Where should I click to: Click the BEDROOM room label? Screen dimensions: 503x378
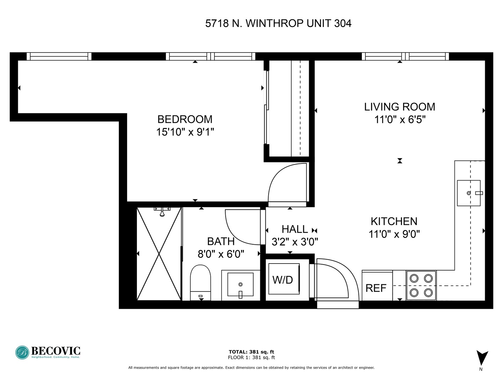pyautogui.click(x=185, y=119)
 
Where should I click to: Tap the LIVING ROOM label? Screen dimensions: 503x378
pyautogui.click(x=400, y=107)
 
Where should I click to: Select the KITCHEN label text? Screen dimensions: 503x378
pyautogui.click(x=394, y=222)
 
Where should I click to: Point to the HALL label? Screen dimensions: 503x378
pyautogui.click(x=295, y=229)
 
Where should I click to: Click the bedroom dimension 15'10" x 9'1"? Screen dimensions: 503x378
pyautogui.click(x=185, y=132)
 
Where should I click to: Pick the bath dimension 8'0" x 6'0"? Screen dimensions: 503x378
pyautogui.click(x=221, y=254)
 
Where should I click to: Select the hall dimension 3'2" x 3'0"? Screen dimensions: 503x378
pyautogui.click(x=295, y=241)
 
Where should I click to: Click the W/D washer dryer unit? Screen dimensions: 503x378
pyautogui.click(x=284, y=279)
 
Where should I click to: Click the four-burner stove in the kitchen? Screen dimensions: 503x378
pyautogui.click(x=421, y=286)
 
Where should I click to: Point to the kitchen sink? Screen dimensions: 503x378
pyautogui.click(x=469, y=193)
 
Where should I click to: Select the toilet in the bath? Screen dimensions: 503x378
pyautogui.click(x=200, y=282)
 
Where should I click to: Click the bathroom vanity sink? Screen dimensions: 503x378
pyautogui.click(x=240, y=285)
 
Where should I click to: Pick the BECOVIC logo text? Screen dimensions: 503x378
pyautogui.click(x=56, y=351)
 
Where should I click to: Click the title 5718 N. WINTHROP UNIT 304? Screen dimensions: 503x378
pyautogui.click(x=278, y=23)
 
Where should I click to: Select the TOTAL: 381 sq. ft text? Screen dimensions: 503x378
pyautogui.click(x=251, y=352)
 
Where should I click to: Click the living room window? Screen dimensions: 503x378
pyautogui.click(x=405, y=56)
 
